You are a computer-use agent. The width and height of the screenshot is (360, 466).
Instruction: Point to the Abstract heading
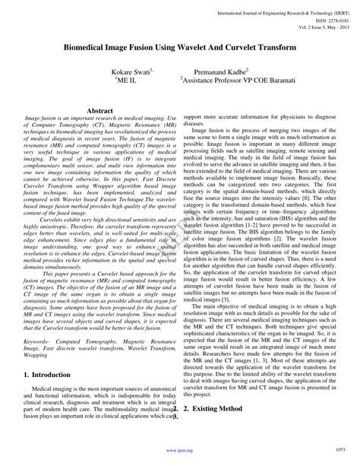100,111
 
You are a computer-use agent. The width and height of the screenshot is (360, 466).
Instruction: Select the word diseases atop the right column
194,123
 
